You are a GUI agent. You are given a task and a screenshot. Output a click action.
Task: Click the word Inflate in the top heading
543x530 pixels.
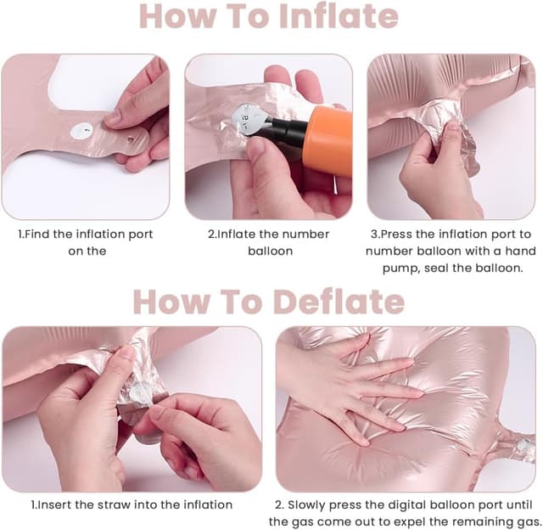coord(339,16)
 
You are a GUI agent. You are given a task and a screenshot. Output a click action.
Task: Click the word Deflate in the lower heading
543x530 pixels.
coord(339,302)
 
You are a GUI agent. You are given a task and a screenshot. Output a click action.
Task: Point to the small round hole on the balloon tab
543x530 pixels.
coord(131,139)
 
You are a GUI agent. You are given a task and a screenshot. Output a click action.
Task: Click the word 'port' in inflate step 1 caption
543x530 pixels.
coord(141,234)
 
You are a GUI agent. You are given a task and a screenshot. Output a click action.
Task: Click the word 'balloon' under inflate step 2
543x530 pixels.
coord(270,251)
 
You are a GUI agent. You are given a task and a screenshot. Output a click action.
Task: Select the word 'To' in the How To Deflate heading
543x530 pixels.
coord(241,302)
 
